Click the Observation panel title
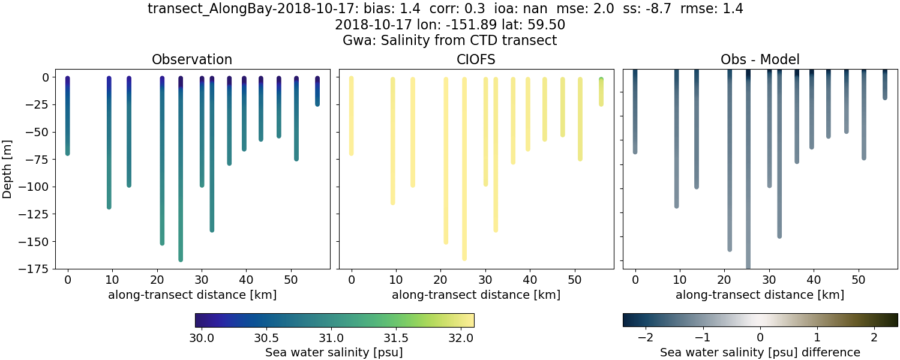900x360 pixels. coord(192,59)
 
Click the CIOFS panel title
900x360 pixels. coord(476,59)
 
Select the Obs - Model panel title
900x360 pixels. coord(760,59)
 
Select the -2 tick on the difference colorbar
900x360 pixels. coord(646,337)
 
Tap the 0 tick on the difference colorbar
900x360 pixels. coord(760,337)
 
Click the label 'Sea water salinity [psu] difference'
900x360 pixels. coord(760,352)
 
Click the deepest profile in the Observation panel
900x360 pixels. coord(181,180)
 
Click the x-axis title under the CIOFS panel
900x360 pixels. coord(476,295)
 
